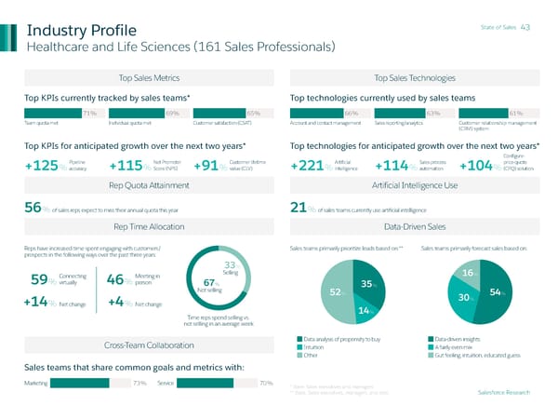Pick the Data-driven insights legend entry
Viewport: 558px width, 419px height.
(456, 338)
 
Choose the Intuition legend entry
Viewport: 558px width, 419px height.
(316, 347)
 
